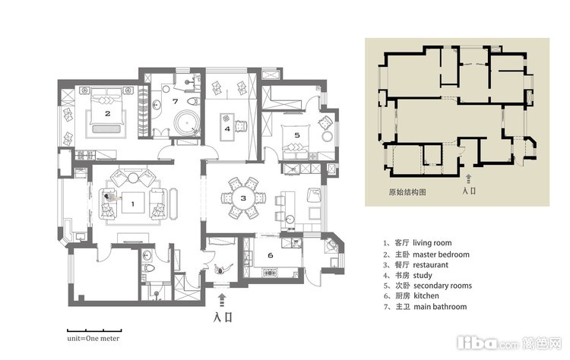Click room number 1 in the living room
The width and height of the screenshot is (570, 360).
(133, 204)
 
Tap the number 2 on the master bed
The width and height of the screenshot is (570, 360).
(108, 114)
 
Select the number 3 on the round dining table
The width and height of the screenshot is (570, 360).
(243, 198)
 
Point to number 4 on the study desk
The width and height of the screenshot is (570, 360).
(227, 128)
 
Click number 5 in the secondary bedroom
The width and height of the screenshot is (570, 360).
(297, 135)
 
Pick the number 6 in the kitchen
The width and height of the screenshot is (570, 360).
(270, 255)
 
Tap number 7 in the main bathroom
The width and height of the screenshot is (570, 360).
(176, 101)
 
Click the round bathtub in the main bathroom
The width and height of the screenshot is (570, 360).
(187, 124)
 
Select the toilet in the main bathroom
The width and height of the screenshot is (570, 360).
(192, 100)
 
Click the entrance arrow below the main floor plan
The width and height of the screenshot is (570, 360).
(223, 301)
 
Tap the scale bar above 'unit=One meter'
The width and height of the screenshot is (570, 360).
(94, 330)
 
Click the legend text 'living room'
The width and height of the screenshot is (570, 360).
(432, 243)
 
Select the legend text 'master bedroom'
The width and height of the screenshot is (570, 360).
(441, 254)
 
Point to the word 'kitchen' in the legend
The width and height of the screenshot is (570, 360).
(426, 295)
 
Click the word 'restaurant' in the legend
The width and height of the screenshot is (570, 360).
(430, 265)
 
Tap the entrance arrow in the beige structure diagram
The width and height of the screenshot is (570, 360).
(469, 178)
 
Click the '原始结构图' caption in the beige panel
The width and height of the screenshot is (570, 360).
(407, 192)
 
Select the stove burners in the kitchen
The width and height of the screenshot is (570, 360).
(269, 272)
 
